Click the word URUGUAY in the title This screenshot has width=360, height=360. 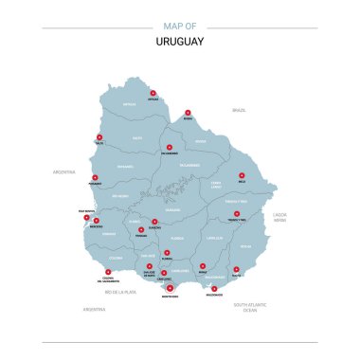pos(179,42)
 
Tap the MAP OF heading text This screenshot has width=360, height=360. pos(179,26)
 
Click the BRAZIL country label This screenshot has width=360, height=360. pos(239,111)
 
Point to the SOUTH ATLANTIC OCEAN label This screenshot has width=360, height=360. pos(249,307)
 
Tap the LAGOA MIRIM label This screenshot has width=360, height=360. pos(279,218)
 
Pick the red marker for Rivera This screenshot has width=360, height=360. pos(188,113)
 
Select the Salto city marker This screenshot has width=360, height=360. pos(99,137)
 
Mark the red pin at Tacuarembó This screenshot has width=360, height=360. pos(169,147)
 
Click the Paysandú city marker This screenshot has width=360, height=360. pos(95,172)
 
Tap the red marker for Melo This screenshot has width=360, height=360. pos(242,174)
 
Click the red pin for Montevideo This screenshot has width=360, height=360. pos(171,290)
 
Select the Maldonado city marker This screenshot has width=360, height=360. pos(214,288)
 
